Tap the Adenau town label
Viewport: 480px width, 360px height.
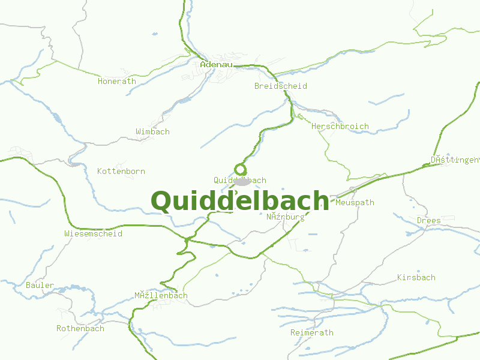click(x=216, y=64)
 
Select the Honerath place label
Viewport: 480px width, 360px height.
click(x=117, y=81)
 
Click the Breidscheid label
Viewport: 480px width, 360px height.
click(x=280, y=86)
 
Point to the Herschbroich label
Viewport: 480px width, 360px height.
click(x=340, y=127)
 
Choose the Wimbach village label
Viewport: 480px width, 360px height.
click(x=152, y=131)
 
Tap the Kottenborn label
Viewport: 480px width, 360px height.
click(x=121, y=171)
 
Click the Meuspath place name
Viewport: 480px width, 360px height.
click(x=355, y=202)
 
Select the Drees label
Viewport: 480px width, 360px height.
click(x=428, y=220)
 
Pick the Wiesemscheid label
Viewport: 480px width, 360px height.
click(x=93, y=233)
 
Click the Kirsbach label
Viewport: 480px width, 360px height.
click(x=416, y=277)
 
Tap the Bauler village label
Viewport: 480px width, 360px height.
click(x=40, y=285)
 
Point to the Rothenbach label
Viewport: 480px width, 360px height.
click(x=80, y=328)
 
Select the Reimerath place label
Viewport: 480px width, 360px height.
click(x=312, y=332)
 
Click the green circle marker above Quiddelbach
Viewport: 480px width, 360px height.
click(x=241, y=169)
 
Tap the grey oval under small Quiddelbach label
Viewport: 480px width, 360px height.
click(x=242, y=181)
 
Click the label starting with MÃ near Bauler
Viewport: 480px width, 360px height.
click(x=161, y=295)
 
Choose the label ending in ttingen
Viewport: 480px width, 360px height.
click(x=455, y=160)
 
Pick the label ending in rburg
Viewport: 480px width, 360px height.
click(x=286, y=217)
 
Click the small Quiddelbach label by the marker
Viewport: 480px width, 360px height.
click(x=240, y=180)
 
